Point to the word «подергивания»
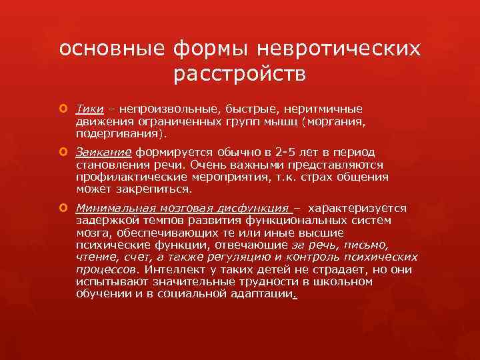coord(113,134)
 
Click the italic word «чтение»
coord(96,257)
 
